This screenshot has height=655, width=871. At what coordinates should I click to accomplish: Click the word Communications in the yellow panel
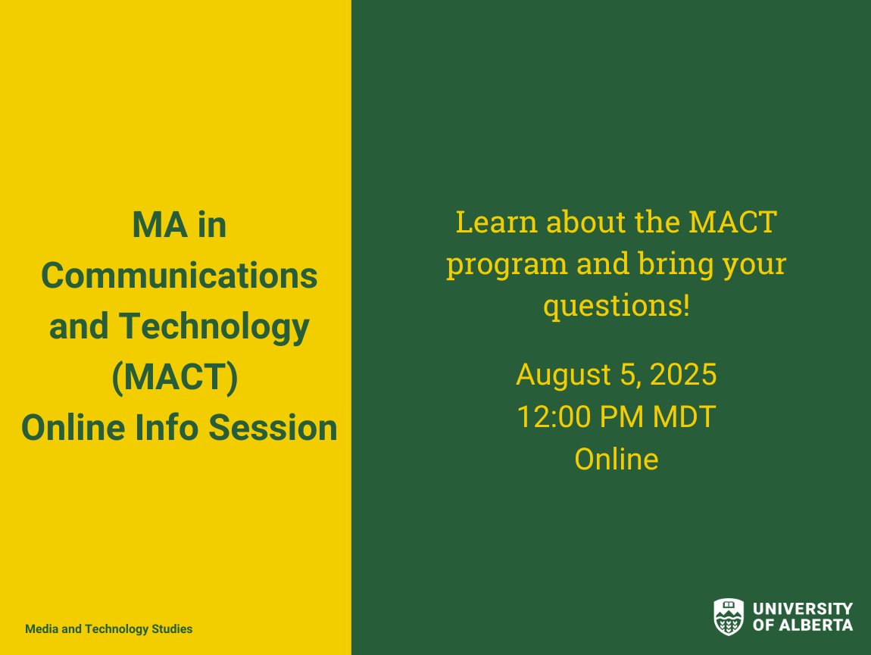coord(180,276)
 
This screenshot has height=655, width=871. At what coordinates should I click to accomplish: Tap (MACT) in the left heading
coord(175,378)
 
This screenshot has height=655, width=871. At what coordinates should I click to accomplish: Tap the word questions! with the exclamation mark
coord(617,306)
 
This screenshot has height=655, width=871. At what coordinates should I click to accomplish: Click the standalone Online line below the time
coord(616,460)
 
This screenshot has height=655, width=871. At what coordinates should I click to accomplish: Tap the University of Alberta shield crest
coord(729,616)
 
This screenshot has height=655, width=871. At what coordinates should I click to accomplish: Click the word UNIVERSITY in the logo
coord(803,609)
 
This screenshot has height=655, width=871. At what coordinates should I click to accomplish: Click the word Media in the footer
coord(39,629)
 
